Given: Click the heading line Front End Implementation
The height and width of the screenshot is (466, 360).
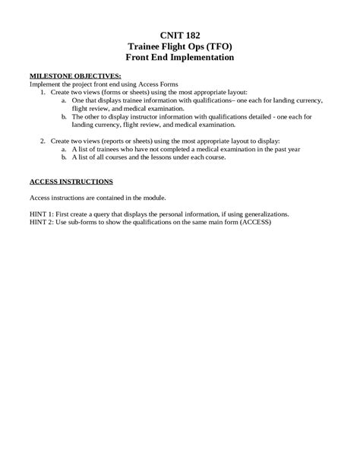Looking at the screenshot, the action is (x=180, y=57).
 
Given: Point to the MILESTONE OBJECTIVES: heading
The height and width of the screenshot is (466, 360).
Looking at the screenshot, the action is (x=75, y=77).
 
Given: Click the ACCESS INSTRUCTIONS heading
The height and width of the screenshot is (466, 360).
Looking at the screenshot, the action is (x=71, y=182).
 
